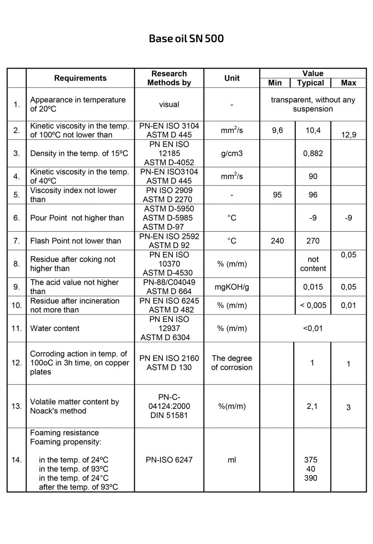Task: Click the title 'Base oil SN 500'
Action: point(186,39)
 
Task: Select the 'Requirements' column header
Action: point(80,78)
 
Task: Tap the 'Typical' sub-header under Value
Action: point(310,83)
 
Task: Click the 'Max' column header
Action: point(349,83)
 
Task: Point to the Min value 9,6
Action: point(277,131)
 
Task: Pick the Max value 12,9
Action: point(349,135)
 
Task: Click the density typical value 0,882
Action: point(313,153)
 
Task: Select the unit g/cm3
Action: point(232,153)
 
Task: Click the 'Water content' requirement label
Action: point(55,328)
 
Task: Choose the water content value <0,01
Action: point(313,328)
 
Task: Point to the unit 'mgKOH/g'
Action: point(232,287)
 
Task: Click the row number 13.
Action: point(17,406)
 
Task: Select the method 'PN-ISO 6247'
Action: point(169,460)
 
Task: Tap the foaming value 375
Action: point(311,460)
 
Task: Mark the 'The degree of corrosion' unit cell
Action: point(232,363)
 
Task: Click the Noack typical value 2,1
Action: point(312,406)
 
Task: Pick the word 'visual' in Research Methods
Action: point(169,104)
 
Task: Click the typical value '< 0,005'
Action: point(313,305)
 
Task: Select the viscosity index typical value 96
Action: point(313,195)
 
